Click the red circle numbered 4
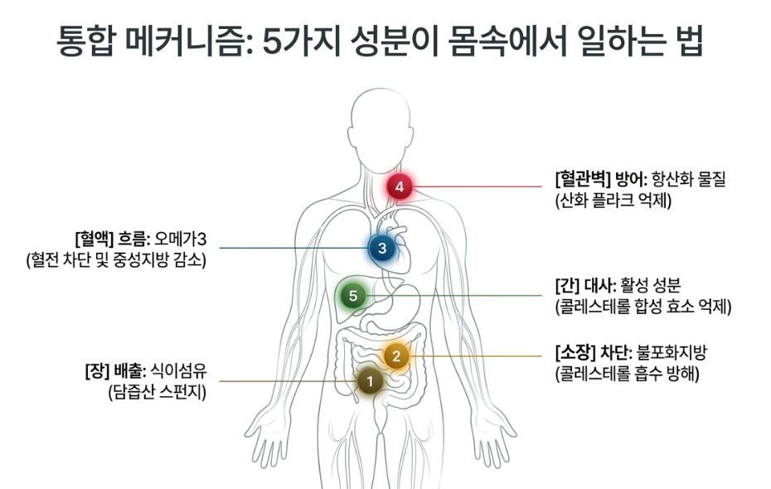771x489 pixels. point(400,186)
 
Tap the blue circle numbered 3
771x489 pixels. point(382,248)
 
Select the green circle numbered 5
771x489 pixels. point(353,295)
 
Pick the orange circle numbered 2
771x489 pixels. point(396,356)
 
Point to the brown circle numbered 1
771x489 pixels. point(371,381)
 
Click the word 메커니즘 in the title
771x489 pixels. point(189,41)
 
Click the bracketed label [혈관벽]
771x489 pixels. point(583,179)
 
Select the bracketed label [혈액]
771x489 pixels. point(95,240)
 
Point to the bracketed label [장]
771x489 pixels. point(96,370)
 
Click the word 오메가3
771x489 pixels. point(181,240)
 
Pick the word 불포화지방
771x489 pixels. point(672,352)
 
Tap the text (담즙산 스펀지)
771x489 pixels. point(158,392)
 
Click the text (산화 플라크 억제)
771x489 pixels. point(613,201)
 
